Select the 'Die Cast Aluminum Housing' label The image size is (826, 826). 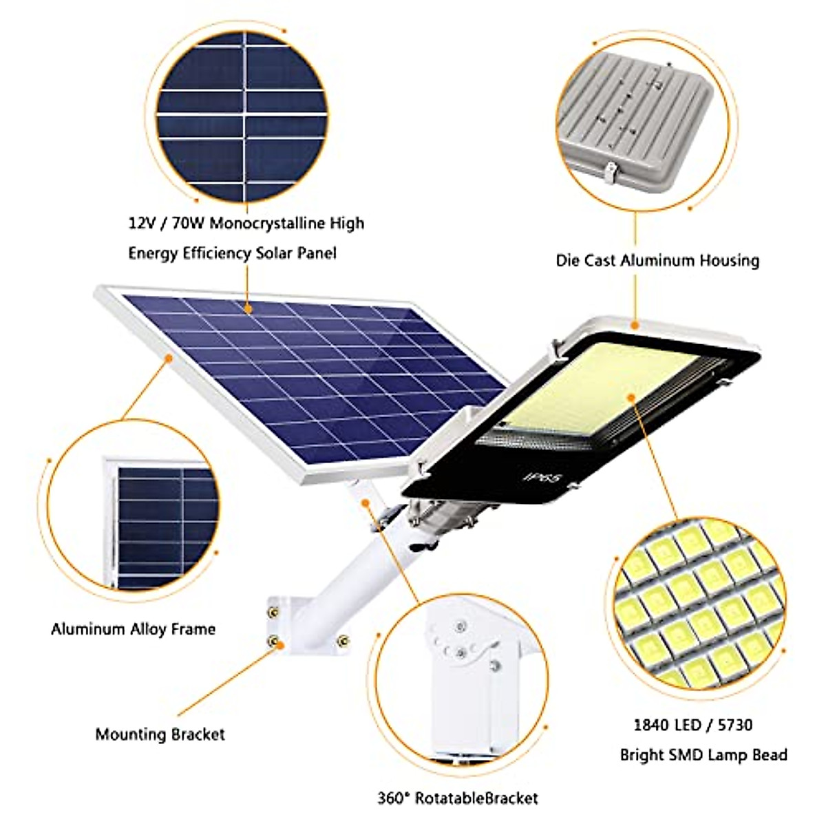(657, 261)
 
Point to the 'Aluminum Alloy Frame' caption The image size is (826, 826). (133, 629)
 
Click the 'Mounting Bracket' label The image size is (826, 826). (160, 734)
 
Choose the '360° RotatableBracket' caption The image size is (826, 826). (458, 798)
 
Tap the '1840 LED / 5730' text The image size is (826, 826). (692, 725)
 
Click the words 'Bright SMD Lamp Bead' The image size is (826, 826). (703, 755)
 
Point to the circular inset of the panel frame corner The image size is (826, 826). (134, 527)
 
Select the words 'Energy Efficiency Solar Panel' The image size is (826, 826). (232, 253)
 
